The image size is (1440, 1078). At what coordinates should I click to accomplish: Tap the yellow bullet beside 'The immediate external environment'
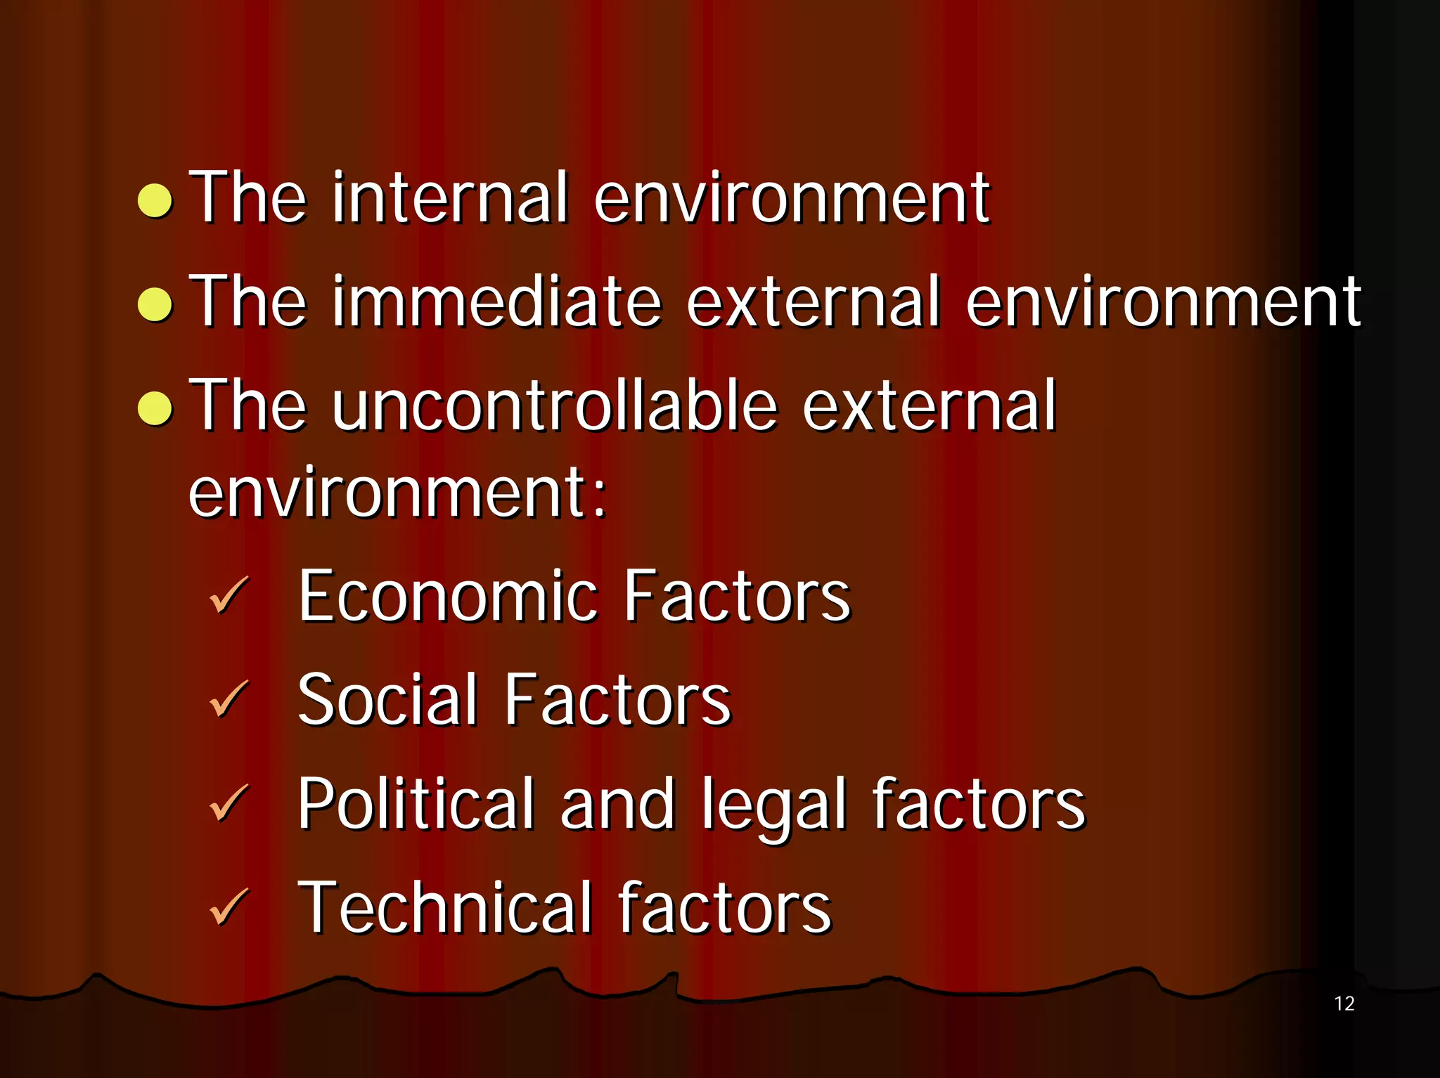point(155,304)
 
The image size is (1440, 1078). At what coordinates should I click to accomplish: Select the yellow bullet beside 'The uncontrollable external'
point(155,408)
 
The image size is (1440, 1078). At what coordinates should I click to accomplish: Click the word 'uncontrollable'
point(555,405)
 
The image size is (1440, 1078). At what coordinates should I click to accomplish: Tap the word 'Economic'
point(448,597)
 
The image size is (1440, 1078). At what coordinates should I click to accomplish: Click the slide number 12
point(1344,1004)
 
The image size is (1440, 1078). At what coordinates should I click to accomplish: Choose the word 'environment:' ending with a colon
point(397,493)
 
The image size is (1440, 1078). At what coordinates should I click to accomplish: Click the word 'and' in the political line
point(617,804)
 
